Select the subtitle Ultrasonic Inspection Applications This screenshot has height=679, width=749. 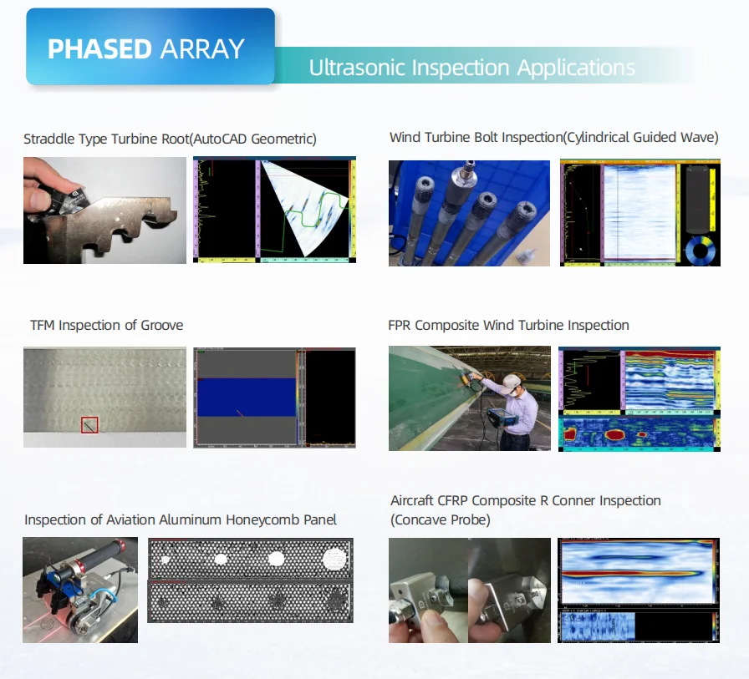471,68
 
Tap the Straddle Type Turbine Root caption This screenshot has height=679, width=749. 170,139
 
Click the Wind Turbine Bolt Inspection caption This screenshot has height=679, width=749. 553,137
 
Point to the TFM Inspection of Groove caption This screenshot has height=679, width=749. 106,325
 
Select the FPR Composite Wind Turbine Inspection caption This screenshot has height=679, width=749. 508,325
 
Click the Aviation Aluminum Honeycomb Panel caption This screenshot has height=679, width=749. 180,519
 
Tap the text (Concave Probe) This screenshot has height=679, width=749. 441,519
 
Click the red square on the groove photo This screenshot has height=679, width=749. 89,425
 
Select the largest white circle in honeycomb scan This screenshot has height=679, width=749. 335,558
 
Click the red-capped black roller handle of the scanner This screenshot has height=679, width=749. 92,555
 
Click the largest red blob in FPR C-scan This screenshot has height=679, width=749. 620,435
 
